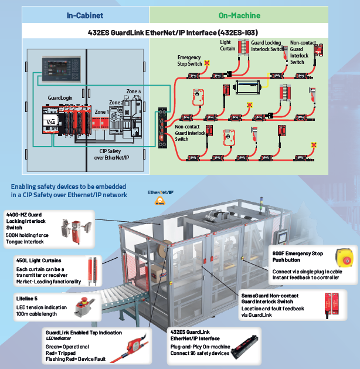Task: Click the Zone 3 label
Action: point(133,92)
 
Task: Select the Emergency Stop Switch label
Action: point(189,60)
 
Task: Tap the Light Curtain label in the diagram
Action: point(228,46)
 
